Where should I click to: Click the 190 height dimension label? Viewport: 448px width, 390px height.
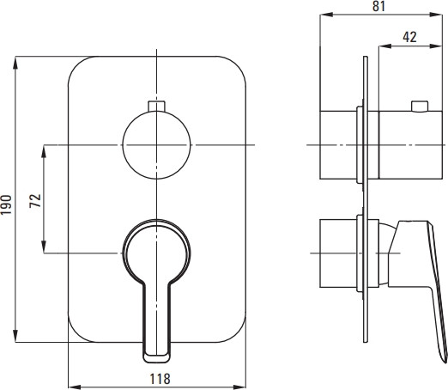7,204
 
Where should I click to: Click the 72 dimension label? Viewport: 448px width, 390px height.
35,201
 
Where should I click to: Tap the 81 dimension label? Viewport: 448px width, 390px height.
378,6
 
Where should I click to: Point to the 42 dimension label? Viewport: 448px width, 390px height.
409,37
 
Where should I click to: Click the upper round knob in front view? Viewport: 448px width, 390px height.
156,145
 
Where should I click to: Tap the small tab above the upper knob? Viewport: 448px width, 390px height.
156,106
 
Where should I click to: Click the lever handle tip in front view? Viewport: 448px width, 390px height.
157,357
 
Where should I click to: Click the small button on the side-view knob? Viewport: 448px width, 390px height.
420,106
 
